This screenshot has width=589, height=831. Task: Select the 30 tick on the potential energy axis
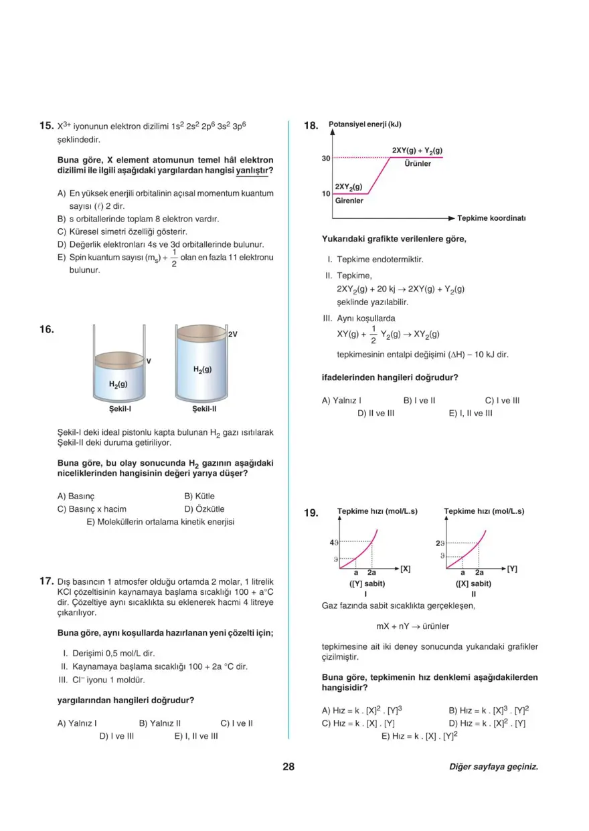[326, 159]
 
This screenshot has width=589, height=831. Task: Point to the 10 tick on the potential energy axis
[326, 194]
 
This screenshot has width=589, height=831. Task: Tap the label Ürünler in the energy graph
[418, 164]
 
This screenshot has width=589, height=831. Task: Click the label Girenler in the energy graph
[349, 201]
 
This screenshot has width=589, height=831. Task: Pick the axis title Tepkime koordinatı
[491, 218]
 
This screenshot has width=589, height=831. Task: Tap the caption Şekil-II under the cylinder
[204, 409]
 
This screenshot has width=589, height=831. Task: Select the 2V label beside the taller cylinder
[233, 333]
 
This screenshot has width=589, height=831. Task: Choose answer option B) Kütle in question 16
[199, 496]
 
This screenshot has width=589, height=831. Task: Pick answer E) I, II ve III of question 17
[196, 736]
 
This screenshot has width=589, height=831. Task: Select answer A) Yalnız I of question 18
[342, 401]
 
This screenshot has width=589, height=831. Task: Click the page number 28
[288, 767]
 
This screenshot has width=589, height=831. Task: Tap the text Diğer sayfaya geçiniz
[493, 767]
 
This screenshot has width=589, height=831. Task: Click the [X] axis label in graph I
[405, 569]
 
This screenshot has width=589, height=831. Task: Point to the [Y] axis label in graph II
[512, 569]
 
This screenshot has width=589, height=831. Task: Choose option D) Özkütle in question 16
[204, 509]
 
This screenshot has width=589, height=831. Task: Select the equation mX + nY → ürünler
[413, 626]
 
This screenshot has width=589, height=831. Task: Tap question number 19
[311, 513]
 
